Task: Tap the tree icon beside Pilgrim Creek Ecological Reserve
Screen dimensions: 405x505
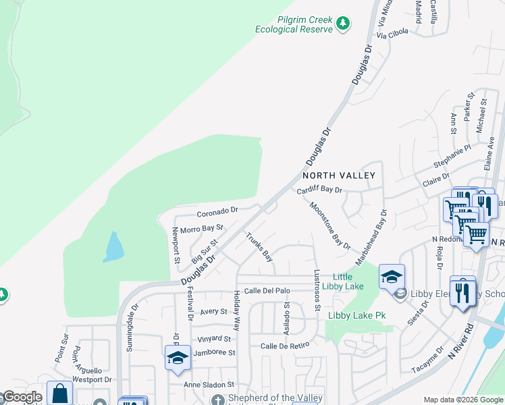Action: click(x=344, y=24)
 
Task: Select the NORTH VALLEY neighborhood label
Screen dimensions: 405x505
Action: click(x=343, y=175)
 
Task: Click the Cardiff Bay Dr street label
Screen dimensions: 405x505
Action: click(x=320, y=190)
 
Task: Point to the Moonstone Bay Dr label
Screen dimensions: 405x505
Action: click(x=330, y=225)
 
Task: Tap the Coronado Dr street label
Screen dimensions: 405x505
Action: click(x=217, y=210)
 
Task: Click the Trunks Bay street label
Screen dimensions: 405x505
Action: click(x=260, y=247)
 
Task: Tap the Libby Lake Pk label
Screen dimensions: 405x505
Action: click(x=356, y=315)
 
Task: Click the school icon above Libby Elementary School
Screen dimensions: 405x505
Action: click(x=392, y=277)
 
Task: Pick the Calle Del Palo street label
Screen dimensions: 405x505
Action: click(x=267, y=290)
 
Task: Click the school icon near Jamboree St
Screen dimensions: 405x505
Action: click(x=178, y=357)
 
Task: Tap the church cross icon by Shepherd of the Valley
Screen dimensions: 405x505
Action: click(x=218, y=400)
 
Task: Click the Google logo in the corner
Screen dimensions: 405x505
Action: click(x=22, y=397)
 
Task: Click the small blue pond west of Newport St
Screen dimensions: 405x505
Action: click(x=113, y=247)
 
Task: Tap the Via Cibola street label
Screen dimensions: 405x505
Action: click(x=392, y=32)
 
